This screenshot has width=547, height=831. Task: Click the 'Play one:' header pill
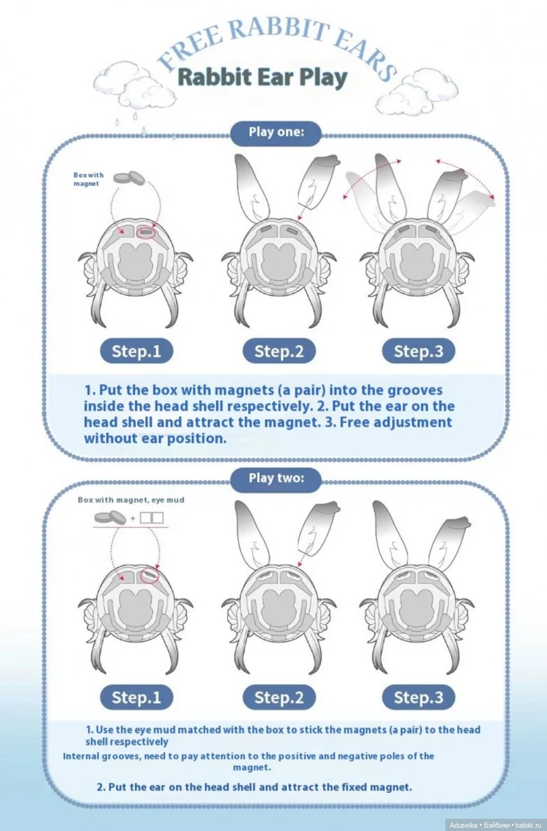[275, 133]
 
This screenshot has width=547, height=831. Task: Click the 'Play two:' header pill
[275, 478]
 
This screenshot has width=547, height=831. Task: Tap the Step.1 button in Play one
[136, 351]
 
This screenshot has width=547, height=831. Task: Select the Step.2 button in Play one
[279, 351]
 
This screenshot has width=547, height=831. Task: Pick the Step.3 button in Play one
[418, 351]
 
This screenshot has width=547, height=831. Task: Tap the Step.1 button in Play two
[136, 697]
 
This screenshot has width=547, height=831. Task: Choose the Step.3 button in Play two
[418, 697]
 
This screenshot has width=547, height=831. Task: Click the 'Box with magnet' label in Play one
[87, 180]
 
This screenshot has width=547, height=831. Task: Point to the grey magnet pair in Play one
[129, 178]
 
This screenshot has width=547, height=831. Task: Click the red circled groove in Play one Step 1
[146, 231]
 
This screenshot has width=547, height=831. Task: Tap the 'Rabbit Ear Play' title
[262, 77]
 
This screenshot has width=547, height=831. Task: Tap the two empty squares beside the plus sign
[152, 517]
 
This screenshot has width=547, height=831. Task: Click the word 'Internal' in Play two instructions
[81, 756]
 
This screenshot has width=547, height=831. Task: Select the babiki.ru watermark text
[529, 825]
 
